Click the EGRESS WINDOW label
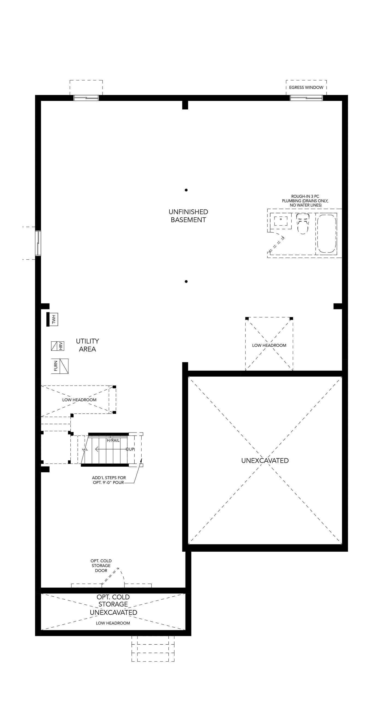[x=306, y=88]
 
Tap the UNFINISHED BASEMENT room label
[x=188, y=216]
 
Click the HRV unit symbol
[x=58, y=346]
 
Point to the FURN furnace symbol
[x=60, y=366]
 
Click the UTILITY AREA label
[x=87, y=345]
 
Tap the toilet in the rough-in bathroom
[x=303, y=223]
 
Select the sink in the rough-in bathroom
[x=281, y=221]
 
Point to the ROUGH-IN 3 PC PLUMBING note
[x=305, y=201]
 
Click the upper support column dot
[x=186, y=190]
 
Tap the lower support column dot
[x=186, y=281]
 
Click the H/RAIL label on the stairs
[x=113, y=440]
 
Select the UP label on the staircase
[x=130, y=449]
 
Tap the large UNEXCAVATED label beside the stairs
[x=265, y=461]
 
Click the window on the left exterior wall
[x=38, y=243]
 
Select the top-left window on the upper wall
[x=86, y=98]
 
